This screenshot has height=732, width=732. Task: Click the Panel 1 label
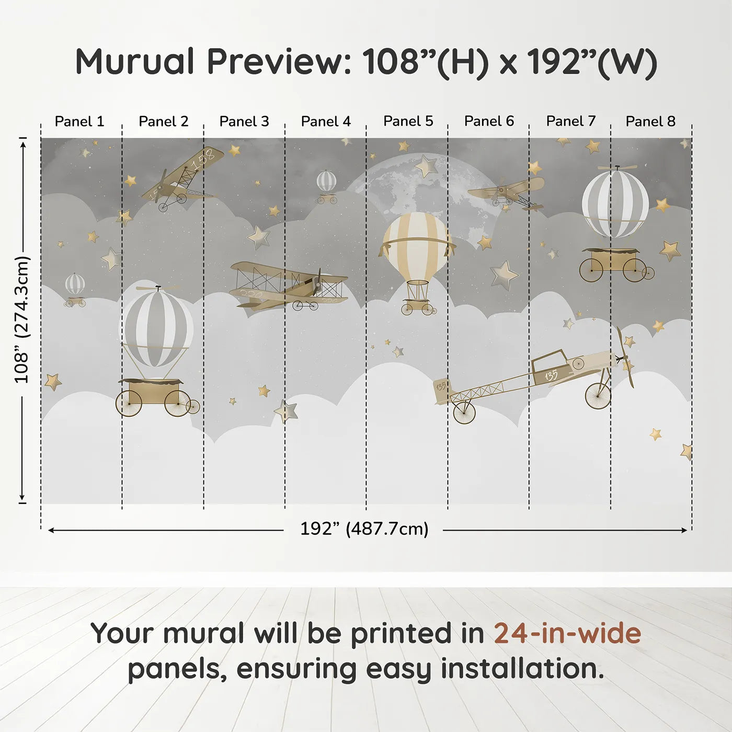click(x=79, y=121)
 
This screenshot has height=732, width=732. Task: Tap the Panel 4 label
click(x=326, y=121)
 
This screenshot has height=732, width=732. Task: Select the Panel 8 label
click(x=650, y=121)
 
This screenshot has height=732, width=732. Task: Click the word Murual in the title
click(x=135, y=62)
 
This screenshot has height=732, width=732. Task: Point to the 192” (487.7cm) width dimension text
click(x=364, y=529)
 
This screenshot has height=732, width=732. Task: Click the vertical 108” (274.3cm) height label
click(x=21, y=319)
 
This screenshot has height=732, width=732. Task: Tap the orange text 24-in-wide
click(x=567, y=633)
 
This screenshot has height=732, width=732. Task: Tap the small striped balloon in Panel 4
click(x=326, y=187)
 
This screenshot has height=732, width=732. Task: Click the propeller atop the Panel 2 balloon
click(x=158, y=288)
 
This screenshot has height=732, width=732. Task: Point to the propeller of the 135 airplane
click(x=625, y=358)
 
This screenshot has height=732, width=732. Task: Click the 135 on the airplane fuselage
click(x=551, y=376)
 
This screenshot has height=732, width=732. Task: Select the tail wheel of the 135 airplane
click(x=464, y=413)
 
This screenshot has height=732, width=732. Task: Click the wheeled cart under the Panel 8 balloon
click(x=616, y=265)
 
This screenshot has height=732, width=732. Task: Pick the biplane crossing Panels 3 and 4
click(x=289, y=285)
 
